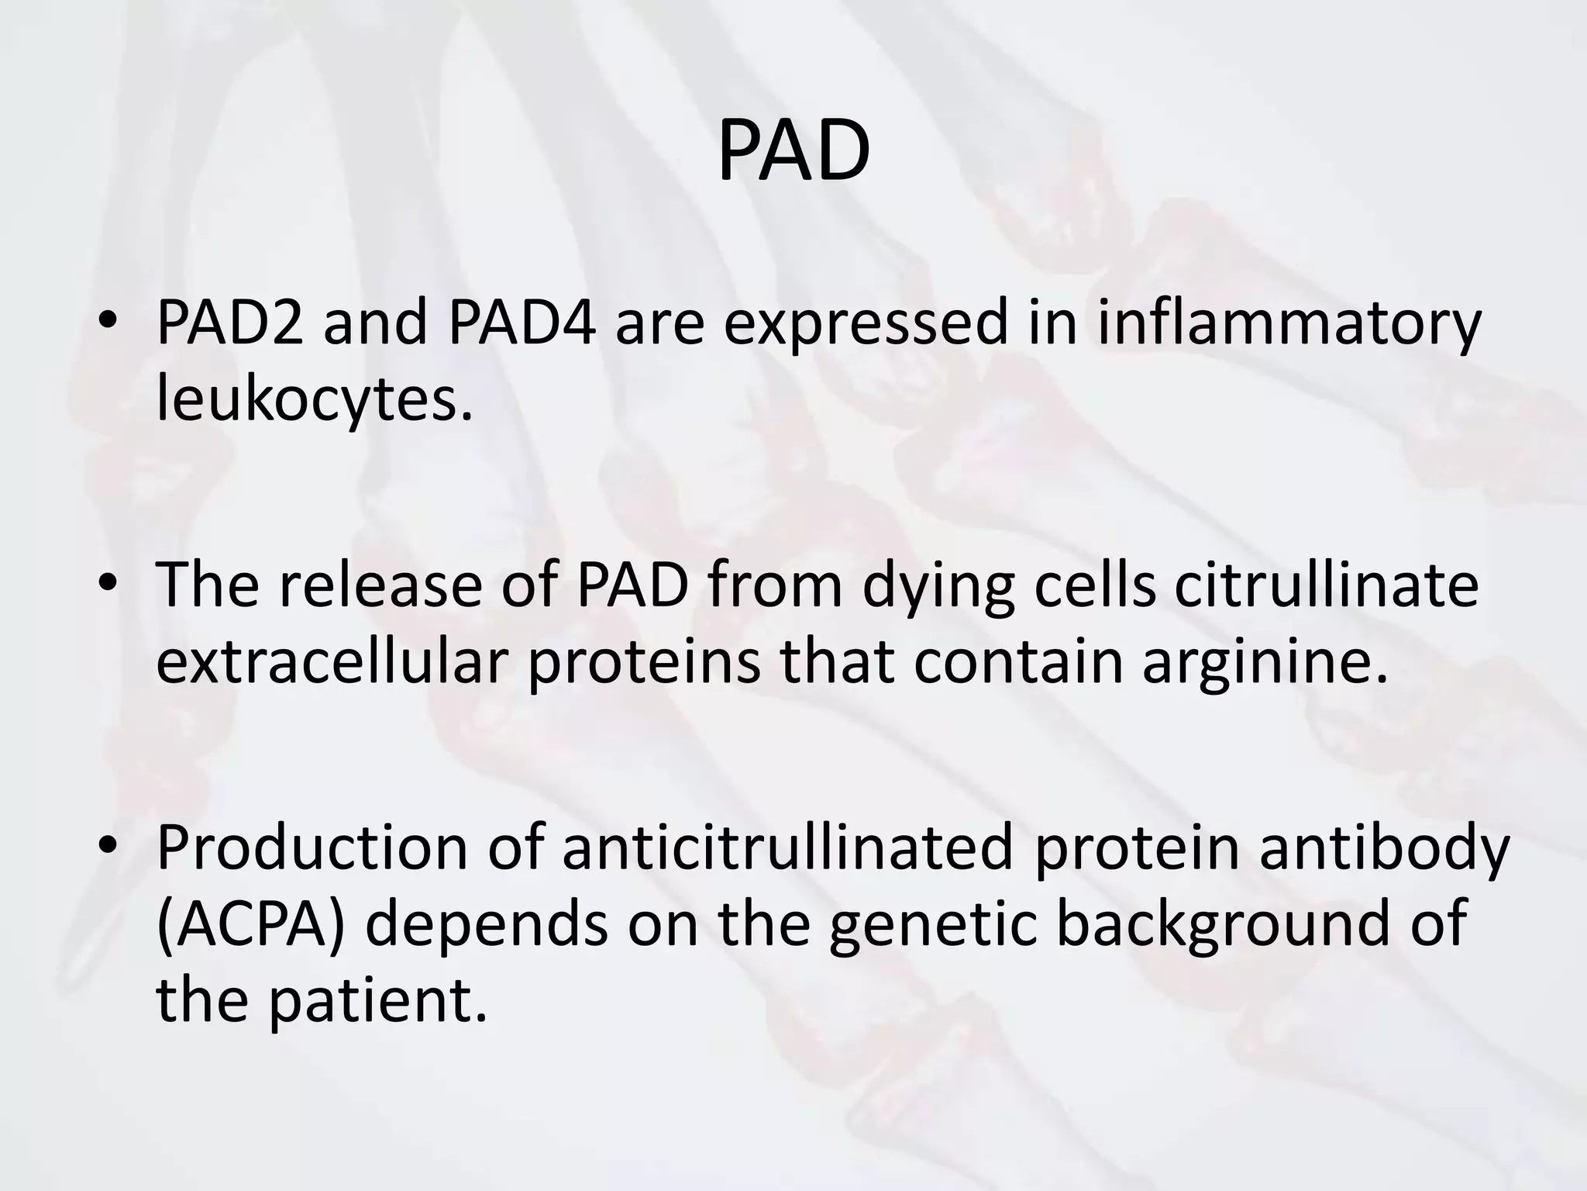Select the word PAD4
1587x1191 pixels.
pos(522,323)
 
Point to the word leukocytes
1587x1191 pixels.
pos(314,402)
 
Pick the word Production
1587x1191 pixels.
pos(312,847)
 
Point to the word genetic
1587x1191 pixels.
pos(932,927)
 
